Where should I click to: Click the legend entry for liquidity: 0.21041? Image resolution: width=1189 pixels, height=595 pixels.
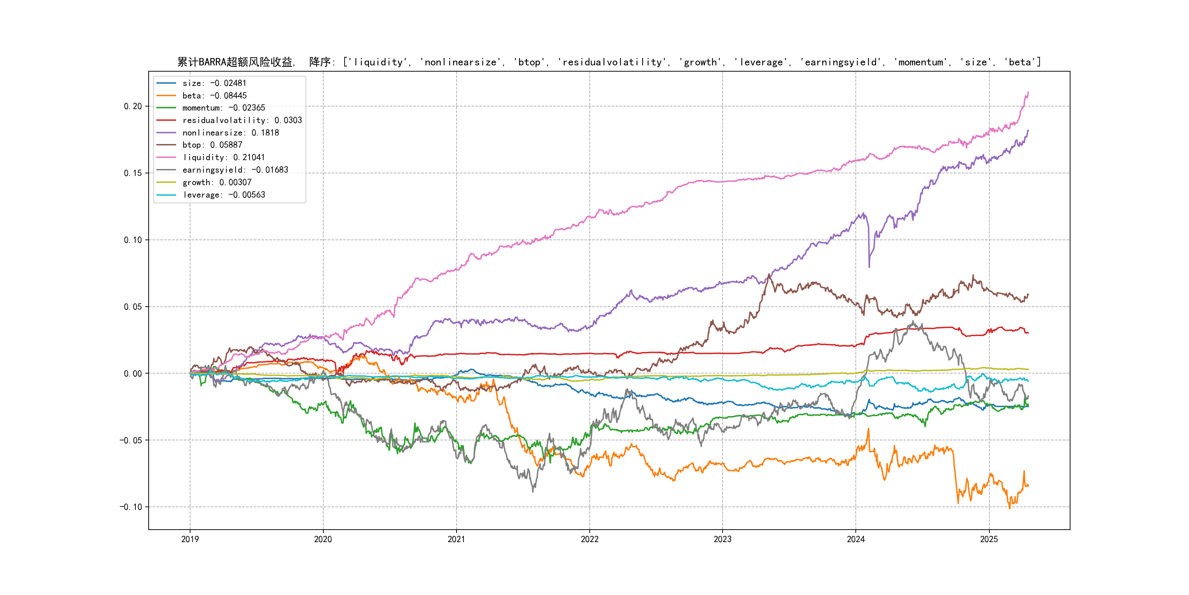tap(223, 158)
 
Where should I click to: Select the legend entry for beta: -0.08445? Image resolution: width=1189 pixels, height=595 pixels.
tap(214, 95)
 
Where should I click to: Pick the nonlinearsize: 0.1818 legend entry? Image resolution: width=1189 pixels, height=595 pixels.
tap(230, 133)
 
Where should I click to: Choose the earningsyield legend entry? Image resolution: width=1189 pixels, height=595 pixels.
tap(235, 170)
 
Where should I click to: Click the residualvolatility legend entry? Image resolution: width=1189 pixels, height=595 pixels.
tap(242, 120)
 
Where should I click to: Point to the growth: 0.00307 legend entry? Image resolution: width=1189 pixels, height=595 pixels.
tap(217, 183)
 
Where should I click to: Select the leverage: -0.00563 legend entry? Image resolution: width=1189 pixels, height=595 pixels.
tap(223, 195)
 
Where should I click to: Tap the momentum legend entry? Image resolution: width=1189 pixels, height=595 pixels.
tap(223, 108)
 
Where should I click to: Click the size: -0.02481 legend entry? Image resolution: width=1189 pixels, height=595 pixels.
tap(214, 83)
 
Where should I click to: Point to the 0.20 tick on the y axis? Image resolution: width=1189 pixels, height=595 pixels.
tap(133, 106)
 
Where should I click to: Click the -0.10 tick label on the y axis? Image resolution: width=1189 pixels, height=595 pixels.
tap(131, 507)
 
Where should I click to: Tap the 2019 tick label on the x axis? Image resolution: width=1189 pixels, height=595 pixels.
tap(190, 539)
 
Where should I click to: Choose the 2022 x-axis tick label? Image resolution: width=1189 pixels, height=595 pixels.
tap(589, 539)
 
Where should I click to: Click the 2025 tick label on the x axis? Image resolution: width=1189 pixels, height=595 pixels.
tap(989, 539)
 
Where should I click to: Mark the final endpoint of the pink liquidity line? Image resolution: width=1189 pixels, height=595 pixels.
tap(1028, 93)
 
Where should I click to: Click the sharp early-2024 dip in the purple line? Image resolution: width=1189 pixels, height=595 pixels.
tap(869, 266)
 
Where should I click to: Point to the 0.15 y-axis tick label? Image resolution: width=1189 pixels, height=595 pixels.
tap(133, 173)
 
